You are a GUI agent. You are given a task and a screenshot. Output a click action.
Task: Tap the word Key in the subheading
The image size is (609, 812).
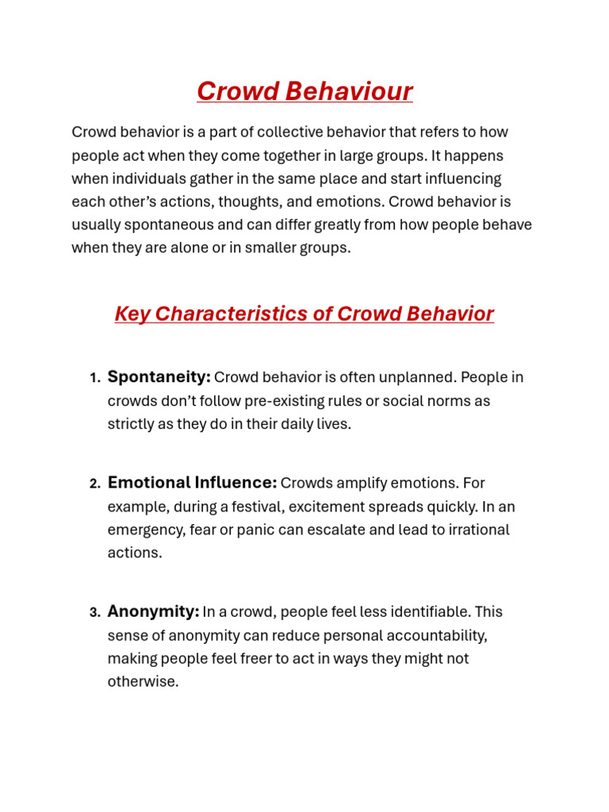(132, 314)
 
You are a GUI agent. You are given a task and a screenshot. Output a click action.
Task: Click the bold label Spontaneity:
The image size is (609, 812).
(159, 377)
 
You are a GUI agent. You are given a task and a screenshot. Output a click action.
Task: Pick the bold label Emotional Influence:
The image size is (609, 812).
(192, 483)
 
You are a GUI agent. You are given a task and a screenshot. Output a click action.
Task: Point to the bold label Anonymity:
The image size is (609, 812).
(153, 612)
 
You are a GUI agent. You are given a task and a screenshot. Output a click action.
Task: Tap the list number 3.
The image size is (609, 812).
(94, 613)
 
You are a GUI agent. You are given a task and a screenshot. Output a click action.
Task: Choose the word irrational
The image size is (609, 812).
(478, 530)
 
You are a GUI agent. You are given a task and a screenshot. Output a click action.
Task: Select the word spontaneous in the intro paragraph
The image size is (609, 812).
(157, 224)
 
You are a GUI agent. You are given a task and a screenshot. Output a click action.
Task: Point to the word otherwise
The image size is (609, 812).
(142, 682)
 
